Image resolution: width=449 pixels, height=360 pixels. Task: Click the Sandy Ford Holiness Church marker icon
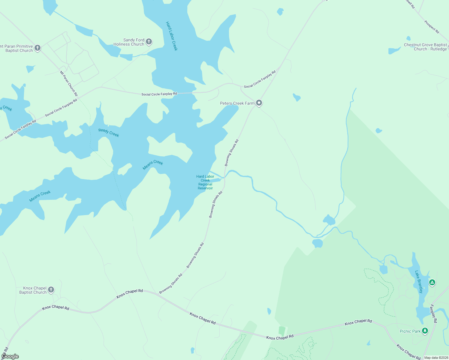(x=149, y=42)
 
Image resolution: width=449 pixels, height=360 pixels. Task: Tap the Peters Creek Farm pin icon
(x=259, y=103)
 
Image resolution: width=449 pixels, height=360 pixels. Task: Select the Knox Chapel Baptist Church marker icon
(x=51, y=289)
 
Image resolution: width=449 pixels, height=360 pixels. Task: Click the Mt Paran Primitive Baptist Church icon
(x=37, y=48)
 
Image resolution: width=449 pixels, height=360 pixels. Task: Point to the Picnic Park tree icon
(x=425, y=331)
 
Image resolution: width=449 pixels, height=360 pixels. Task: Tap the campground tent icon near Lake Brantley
(x=432, y=282)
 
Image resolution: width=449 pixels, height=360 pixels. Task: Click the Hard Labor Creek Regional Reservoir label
(x=205, y=182)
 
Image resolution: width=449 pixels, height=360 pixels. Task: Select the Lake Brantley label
(x=419, y=282)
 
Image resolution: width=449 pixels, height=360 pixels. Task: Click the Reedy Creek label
(x=109, y=133)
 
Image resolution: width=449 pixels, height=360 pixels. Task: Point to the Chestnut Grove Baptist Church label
(x=425, y=47)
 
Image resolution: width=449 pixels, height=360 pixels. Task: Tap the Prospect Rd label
(x=432, y=27)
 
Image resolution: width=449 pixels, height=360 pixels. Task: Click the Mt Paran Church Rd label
(x=69, y=83)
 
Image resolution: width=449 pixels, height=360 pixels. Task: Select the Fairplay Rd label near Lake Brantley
(x=433, y=313)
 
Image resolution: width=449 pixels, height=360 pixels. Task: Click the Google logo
(x=10, y=356)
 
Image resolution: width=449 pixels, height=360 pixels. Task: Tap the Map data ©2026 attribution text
(x=436, y=358)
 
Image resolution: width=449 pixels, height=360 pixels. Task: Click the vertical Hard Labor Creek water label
(x=172, y=36)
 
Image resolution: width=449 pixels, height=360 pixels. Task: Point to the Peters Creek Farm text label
(x=237, y=103)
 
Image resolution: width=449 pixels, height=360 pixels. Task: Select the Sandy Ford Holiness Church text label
(x=129, y=42)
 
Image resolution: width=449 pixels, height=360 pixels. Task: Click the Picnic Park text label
(x=410, y=331)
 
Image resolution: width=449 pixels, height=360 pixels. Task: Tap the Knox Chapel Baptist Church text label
(x=33, y=290)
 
